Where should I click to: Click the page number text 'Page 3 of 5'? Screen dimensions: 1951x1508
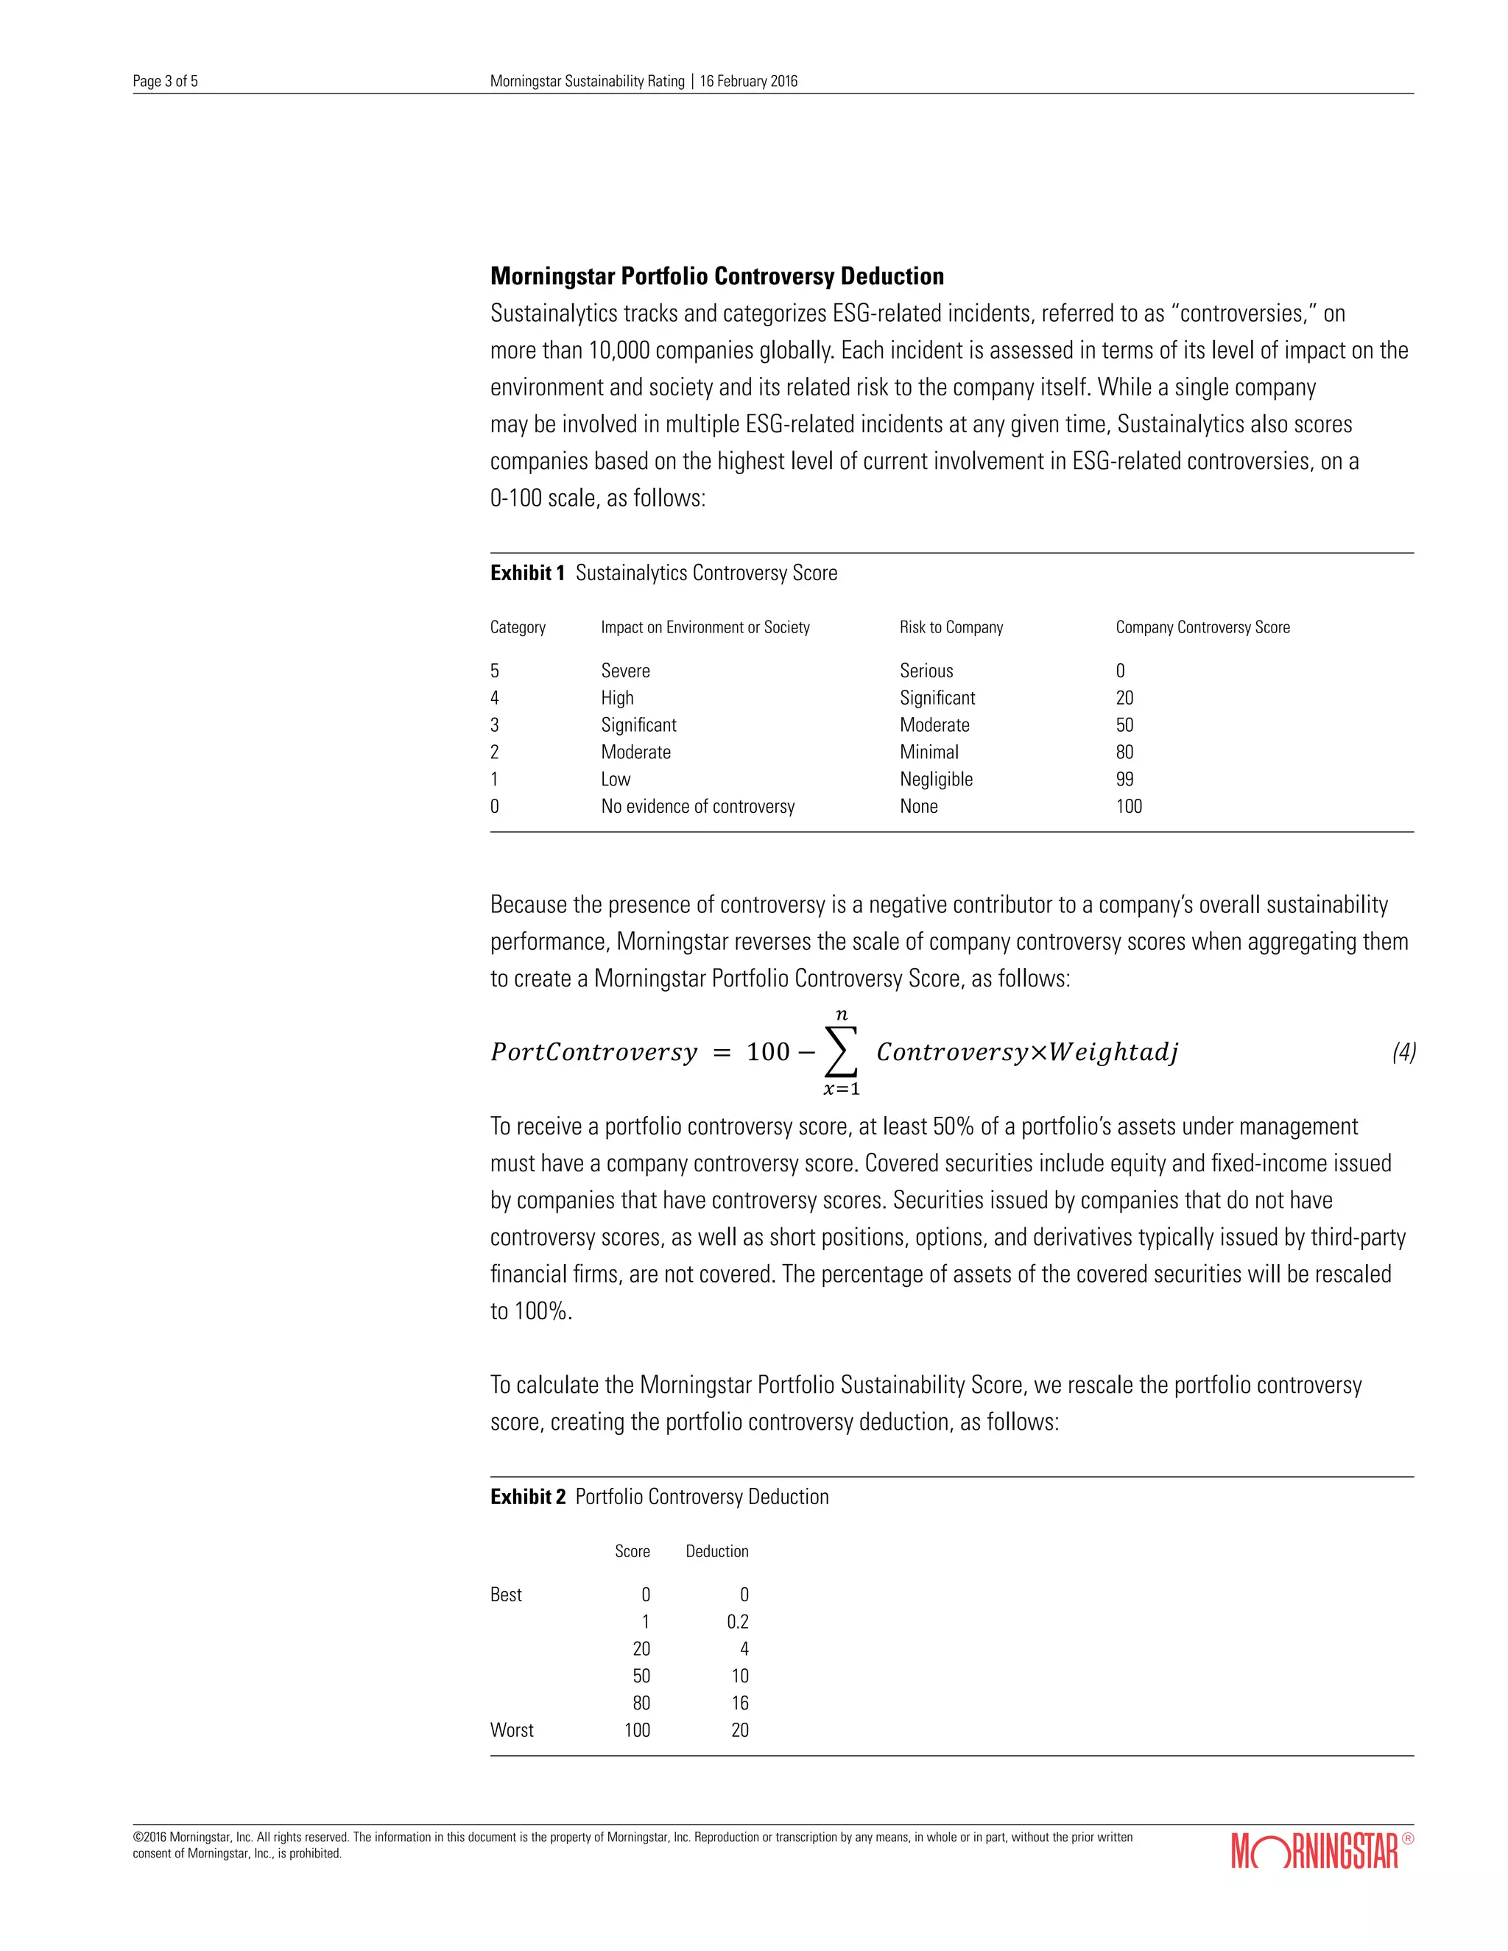165,81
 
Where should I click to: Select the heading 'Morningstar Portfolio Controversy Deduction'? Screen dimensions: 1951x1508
716,276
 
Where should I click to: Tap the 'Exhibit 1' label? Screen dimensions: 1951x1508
527,573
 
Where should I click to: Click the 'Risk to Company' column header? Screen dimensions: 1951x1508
951,627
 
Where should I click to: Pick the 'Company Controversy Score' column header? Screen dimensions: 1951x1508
1202,627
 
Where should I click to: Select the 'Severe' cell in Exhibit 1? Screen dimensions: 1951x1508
625,671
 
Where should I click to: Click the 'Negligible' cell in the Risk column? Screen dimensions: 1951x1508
935,779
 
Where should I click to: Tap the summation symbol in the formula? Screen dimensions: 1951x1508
841,1052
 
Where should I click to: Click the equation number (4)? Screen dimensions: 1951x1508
1403,1052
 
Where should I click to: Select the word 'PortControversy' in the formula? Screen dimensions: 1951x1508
593,1052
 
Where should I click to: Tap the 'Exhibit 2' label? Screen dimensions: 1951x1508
527,1496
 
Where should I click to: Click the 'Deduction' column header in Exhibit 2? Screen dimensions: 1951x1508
716,1550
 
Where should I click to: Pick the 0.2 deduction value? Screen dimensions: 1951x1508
737,1621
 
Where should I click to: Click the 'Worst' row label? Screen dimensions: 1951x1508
511,1729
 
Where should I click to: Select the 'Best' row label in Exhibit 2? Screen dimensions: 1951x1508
506,1595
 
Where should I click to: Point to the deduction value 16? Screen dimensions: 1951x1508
740,1703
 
